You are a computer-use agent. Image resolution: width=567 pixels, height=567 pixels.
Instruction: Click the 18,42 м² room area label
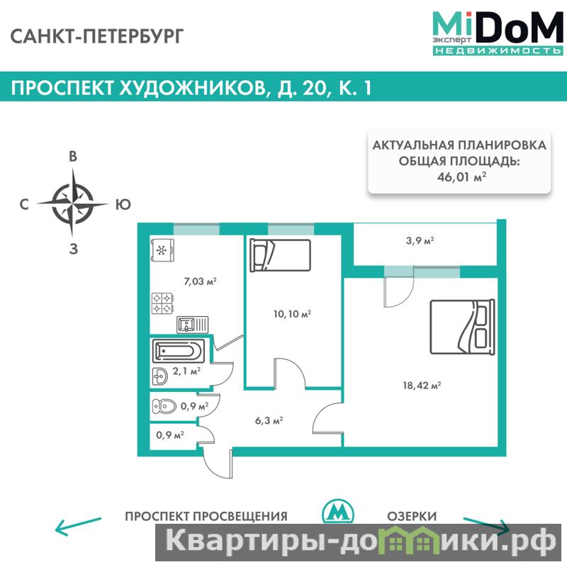(x=422, y=385)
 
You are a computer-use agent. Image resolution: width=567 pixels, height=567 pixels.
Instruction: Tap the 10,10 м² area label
(x=292, y=314)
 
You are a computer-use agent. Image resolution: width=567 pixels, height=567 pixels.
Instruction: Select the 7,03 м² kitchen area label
(x=200, y=281)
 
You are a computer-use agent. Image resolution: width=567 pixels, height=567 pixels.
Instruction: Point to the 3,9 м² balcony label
(x=420, y=240)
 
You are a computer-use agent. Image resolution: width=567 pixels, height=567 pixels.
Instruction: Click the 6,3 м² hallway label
(x=269, y=420)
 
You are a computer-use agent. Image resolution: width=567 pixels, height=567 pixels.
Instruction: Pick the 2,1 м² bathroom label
(x=186, y=371)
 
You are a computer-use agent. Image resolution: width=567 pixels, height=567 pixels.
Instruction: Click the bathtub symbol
(x=178, y=350)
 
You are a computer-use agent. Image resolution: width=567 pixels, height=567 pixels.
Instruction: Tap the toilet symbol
(x=164, y=406)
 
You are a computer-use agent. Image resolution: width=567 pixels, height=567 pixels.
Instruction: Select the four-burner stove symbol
(x=162, y=303)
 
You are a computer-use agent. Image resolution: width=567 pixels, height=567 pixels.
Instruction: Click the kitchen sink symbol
(x=192, y=325)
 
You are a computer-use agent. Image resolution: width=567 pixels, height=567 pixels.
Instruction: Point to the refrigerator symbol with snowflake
(x=162, y=250)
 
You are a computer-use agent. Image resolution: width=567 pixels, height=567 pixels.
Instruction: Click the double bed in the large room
(x=462, y=327)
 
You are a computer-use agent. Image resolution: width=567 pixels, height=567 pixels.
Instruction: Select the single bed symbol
(x=280, y=255)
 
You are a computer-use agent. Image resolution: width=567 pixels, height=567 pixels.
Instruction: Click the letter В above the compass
(x=73, y=157)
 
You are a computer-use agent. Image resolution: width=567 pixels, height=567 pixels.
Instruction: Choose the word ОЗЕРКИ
(x=412, y=516)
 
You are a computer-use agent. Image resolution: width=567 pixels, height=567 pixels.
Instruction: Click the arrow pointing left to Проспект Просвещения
(x=78, y=526)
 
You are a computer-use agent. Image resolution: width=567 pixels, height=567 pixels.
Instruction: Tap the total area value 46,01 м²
(x=461, y=176)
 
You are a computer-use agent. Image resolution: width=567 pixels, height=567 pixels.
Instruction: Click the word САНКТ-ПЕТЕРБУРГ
(x=97, y=37)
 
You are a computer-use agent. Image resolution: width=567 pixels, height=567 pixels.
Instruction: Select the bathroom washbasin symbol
(x=160, y=377)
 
